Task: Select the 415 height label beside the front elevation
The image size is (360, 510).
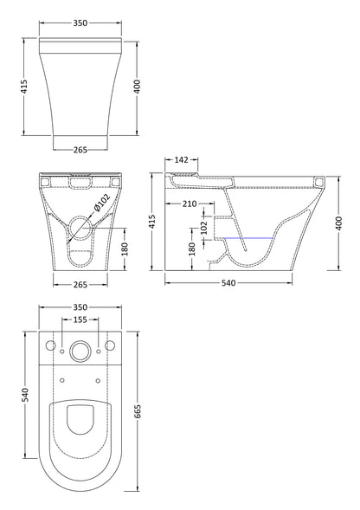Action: pos(26,87)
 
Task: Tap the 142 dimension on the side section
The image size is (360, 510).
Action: pos(182,159)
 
